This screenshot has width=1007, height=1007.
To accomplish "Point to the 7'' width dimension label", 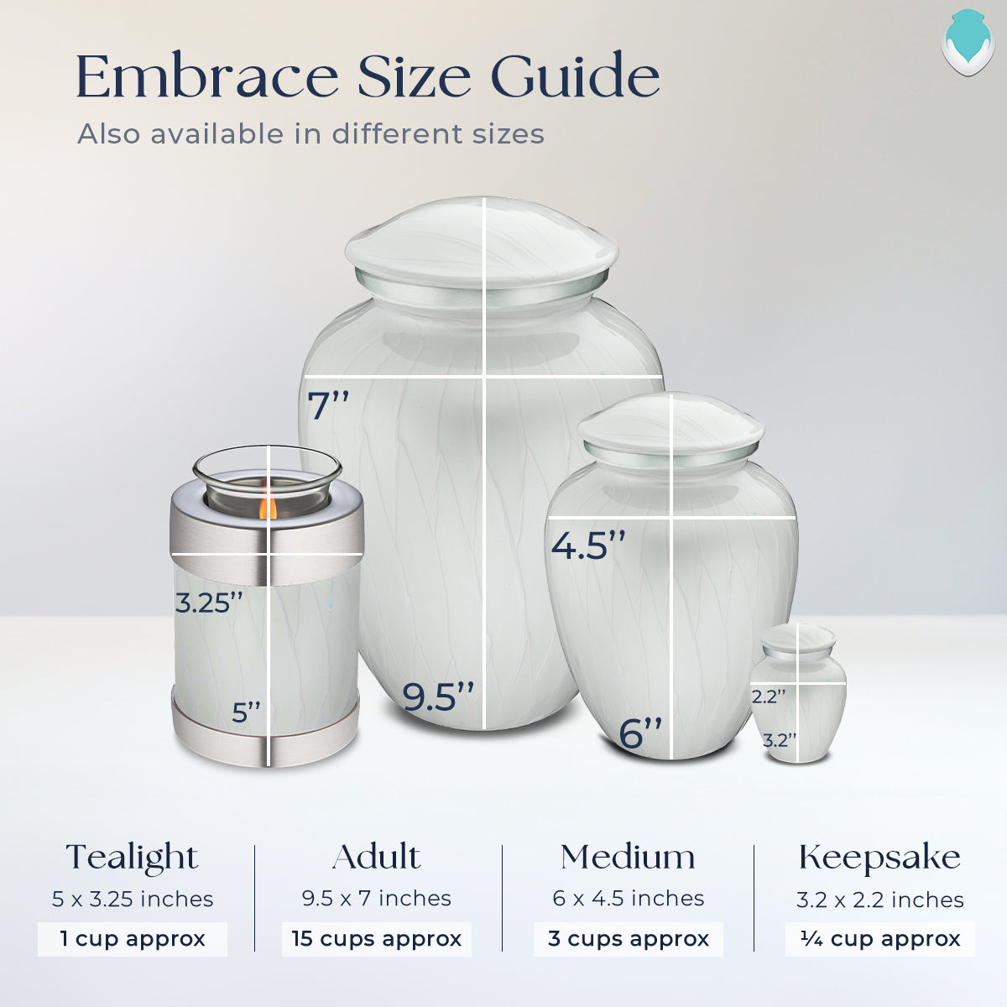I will [x=328, y=405].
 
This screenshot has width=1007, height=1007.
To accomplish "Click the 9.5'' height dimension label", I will [x=438, y=697].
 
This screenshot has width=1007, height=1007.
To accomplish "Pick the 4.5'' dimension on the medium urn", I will [x=588, y=545].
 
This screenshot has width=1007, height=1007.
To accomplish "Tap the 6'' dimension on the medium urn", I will [x=641, y=733].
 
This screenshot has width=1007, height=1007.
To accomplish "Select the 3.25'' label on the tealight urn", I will [x=209, y=603].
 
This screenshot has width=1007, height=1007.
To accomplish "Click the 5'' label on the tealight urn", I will [x=247, y=712].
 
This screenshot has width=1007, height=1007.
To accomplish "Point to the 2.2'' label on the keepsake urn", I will [x=769, y=697].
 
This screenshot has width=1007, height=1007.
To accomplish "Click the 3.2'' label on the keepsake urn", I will [x=780, y=740].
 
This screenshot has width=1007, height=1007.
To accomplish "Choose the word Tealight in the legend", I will [x=132, y=858].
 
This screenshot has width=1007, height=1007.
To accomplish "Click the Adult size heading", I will [x=376, y=857].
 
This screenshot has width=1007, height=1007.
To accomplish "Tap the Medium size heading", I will [x=628, y=857].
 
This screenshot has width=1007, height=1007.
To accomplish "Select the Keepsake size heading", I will [x=879, y=857].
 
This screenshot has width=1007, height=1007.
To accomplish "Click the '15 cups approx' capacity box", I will [x=377, y=938].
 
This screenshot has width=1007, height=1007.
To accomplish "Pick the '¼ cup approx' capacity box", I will [x=880, y=938].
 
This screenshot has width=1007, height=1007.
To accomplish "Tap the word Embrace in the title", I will [x=207, y=77].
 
